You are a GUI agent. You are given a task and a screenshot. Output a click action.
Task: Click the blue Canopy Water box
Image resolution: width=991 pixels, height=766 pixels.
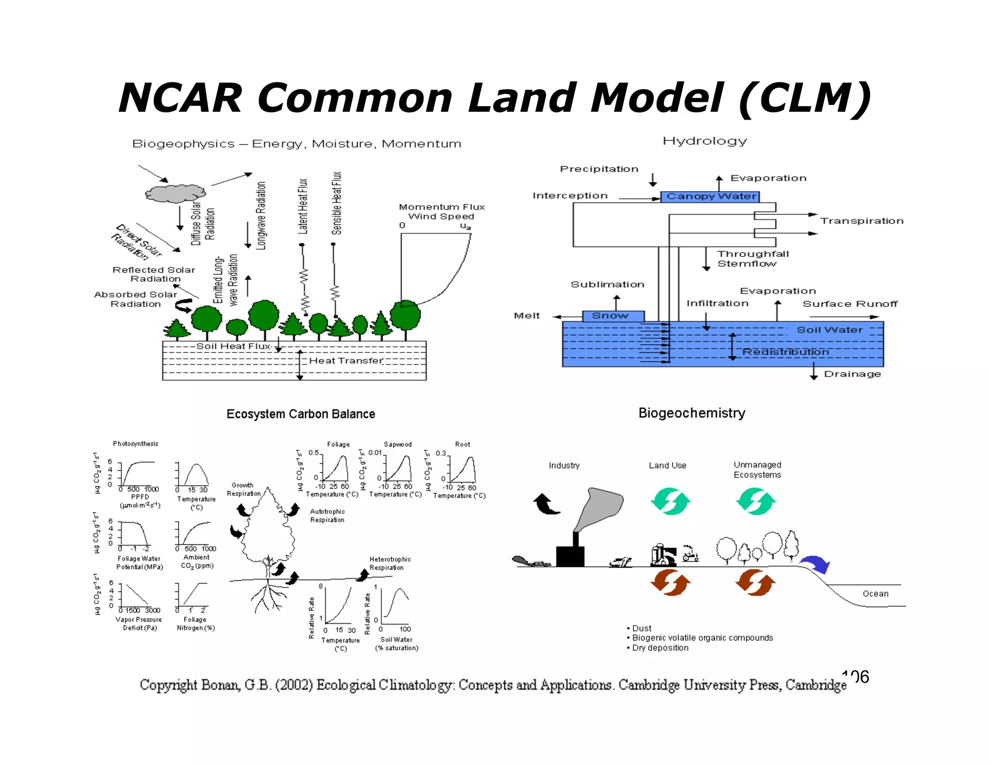710,197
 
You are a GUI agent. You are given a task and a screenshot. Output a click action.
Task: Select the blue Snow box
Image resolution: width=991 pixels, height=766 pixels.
613,316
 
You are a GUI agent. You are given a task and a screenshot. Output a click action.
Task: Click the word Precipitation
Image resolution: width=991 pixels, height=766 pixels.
599,169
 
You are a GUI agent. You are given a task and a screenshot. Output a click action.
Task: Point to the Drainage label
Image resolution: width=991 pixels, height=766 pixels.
852,374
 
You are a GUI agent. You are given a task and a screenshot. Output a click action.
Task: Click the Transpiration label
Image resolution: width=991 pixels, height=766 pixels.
861,221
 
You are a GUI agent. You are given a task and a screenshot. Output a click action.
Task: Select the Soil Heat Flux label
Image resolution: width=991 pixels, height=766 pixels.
233,346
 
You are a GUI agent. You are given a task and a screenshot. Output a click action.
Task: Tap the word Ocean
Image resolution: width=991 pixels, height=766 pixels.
875,594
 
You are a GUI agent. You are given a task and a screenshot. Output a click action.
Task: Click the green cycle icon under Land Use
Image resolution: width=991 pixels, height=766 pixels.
670,502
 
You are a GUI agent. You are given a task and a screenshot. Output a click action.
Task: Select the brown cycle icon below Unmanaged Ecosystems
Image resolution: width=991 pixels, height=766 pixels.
755,582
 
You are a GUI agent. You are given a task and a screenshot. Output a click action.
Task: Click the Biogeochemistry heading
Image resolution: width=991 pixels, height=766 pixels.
691,413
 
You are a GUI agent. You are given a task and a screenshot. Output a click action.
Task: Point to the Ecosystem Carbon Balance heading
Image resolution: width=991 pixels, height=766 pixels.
300,414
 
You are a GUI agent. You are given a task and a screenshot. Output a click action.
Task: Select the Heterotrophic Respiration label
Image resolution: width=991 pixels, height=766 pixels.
390,564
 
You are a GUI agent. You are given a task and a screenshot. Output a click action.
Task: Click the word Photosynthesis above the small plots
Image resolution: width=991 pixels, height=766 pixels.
135,444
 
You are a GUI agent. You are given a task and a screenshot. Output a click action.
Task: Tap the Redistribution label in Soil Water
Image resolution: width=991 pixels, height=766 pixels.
785,352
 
